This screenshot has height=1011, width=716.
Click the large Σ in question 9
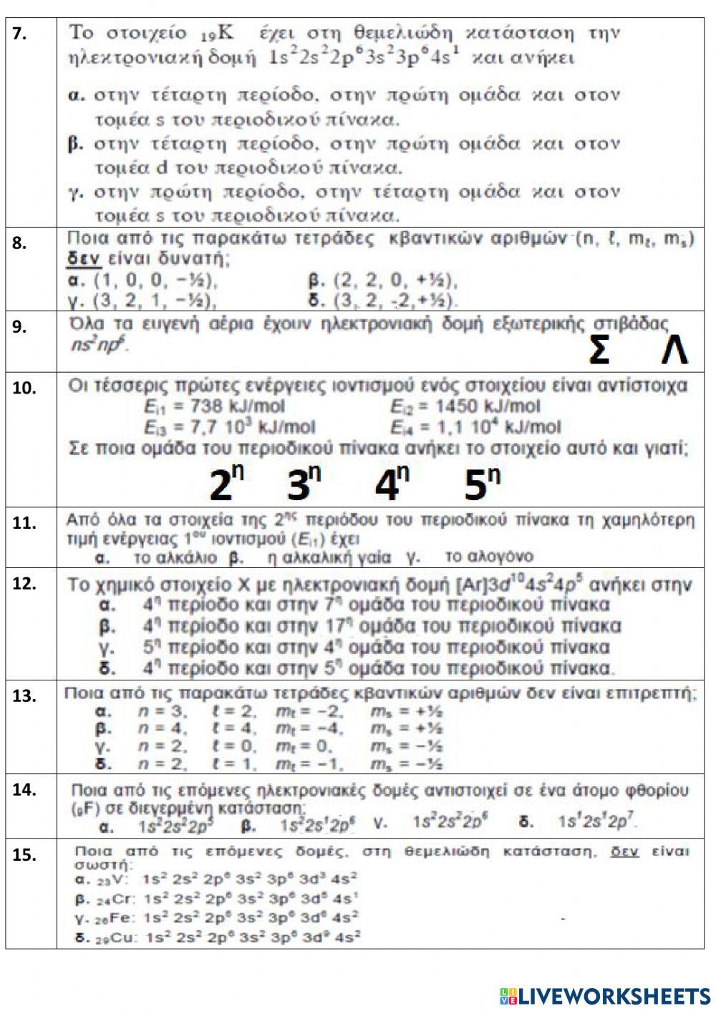(x=599, y=351)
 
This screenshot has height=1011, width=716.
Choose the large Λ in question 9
(x=674, y=351)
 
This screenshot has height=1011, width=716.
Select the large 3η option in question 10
(x=304, y=484)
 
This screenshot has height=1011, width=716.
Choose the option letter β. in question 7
(x=76, y=144)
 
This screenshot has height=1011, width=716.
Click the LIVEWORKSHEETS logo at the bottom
(x=605, y=995)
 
